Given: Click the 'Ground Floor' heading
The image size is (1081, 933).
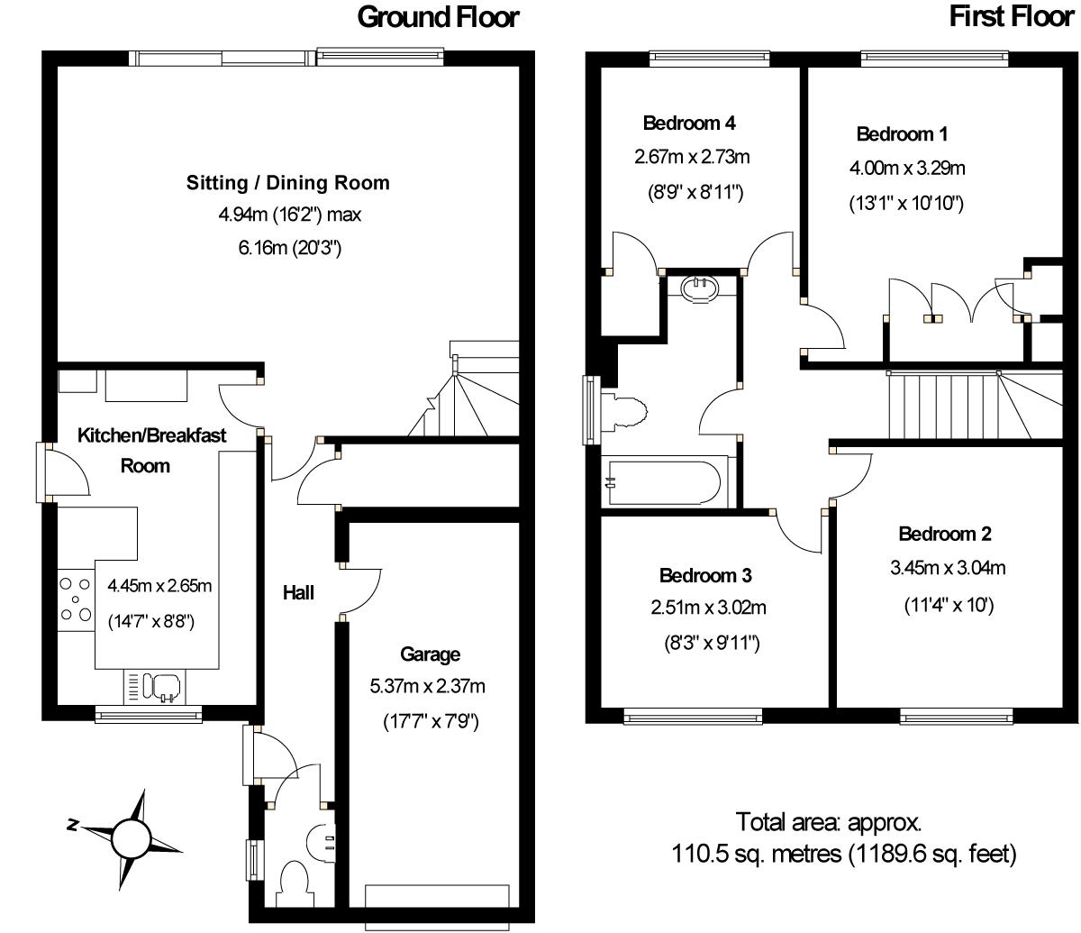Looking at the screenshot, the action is click(438, 17).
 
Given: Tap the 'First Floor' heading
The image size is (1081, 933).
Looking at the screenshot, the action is click(1012, 17).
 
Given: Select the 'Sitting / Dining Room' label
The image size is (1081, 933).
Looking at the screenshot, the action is click(288, 183).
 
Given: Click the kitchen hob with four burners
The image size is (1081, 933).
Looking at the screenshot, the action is click(76, 599).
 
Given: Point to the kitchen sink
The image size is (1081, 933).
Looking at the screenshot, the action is click(155, 687).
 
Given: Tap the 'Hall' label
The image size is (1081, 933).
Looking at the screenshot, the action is click(298, 593).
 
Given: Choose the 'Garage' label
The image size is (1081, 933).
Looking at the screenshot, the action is click(430, 654).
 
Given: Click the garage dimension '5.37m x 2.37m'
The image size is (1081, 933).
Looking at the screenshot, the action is click(427, 686).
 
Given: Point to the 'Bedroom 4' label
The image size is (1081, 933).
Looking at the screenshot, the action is click(689, 123).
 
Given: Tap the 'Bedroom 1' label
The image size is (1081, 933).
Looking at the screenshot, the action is click(902, 134).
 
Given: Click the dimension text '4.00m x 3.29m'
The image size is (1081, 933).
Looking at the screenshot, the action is click(907, 169).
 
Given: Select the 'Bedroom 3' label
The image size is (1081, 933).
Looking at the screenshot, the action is click(705, 576).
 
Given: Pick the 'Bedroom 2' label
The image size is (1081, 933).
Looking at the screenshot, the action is click(944, 535).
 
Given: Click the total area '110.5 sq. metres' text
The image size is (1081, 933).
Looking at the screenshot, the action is click(756, 855).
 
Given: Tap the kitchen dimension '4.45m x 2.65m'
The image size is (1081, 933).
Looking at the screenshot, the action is click(159, 586).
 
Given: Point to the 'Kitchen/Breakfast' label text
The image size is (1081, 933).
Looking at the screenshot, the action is click(151, 435).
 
